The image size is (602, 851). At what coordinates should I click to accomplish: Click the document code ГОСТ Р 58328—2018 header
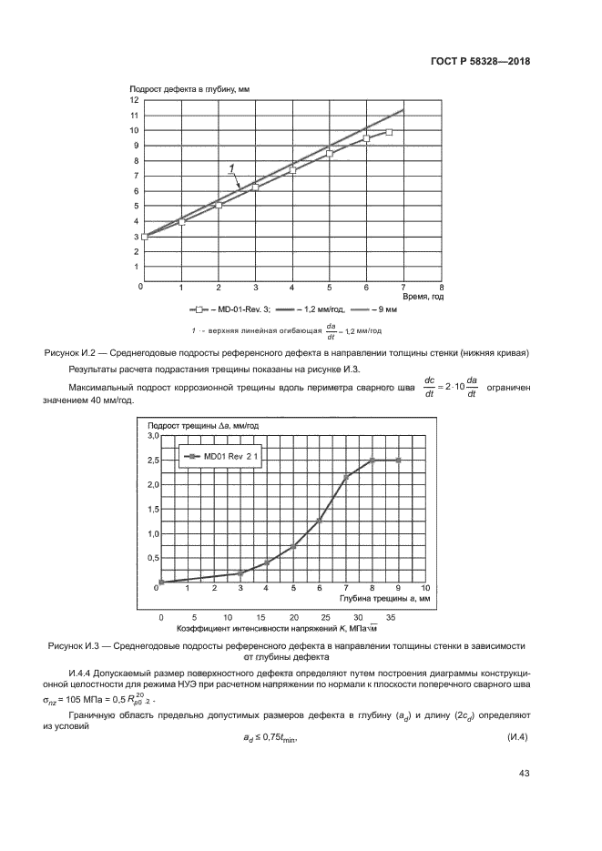point(480,62)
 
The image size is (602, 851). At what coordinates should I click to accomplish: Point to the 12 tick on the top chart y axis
point(135,99)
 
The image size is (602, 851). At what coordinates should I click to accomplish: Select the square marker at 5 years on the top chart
point(330,154)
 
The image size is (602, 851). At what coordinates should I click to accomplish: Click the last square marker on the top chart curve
point(389,133)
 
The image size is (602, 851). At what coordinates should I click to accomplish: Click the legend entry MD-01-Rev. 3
point(231,309)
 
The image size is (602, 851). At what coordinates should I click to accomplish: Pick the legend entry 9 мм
point(387,309)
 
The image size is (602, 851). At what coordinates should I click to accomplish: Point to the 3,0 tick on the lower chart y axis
point(152,437)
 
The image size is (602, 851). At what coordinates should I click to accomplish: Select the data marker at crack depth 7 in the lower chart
point(346,477)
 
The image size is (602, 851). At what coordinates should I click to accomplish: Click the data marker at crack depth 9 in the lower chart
point(398,461)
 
